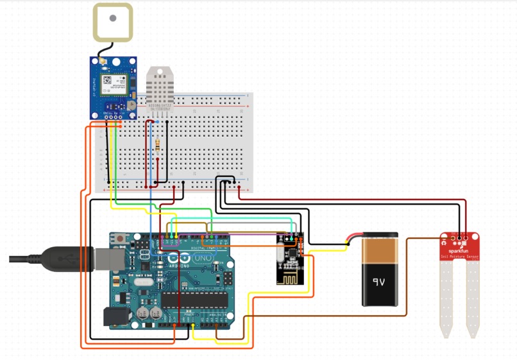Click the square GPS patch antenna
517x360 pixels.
[x=113, y=23]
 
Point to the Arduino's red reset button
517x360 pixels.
[x=121, y=239]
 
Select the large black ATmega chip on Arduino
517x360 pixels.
[x=194, y=299]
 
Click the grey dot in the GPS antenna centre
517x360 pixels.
[x=113, y=18]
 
